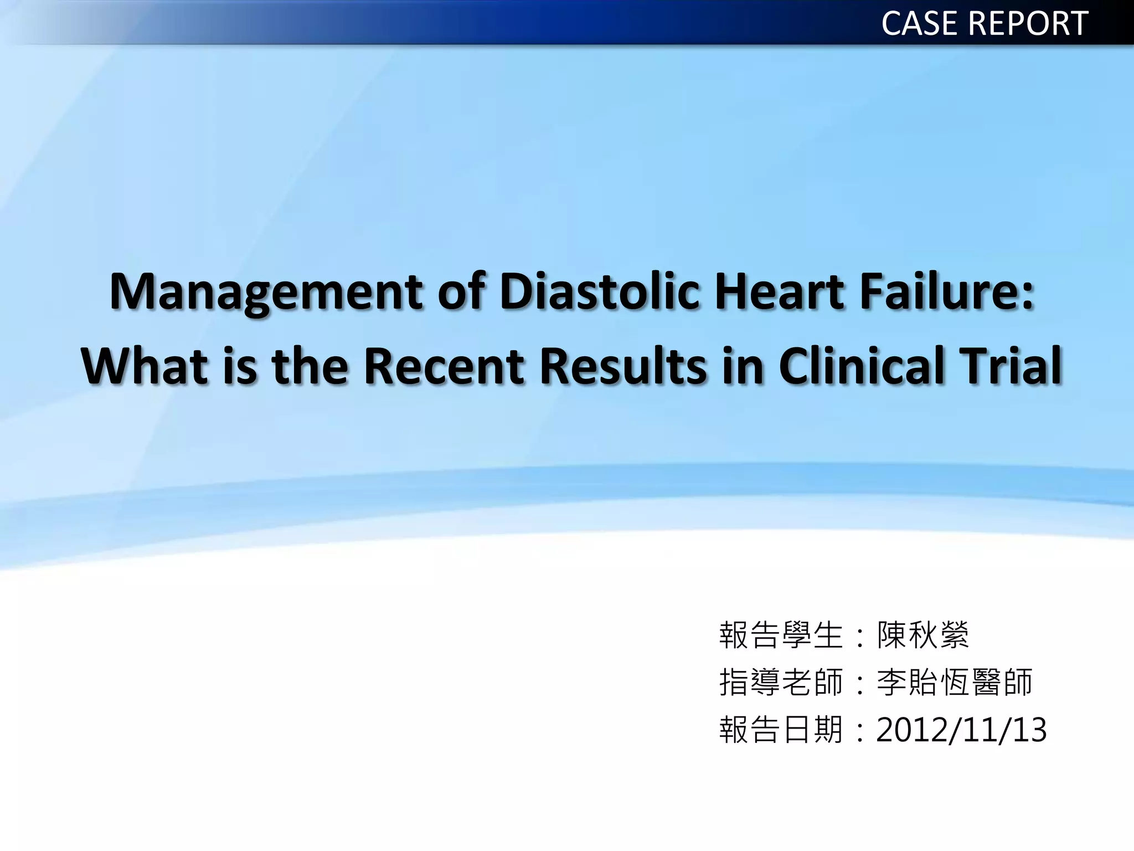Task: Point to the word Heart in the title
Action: coord(780,291)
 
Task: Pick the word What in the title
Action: coord(145,366)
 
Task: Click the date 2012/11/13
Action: coord(961,730)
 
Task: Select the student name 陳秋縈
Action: coord(923,635)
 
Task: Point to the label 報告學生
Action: coord(781,635)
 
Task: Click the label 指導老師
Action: coord(781,682)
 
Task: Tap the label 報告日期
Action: coord(781,730)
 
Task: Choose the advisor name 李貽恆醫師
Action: coord(955,682)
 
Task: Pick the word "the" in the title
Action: coord(310,366)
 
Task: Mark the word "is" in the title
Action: coord(240,366)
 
